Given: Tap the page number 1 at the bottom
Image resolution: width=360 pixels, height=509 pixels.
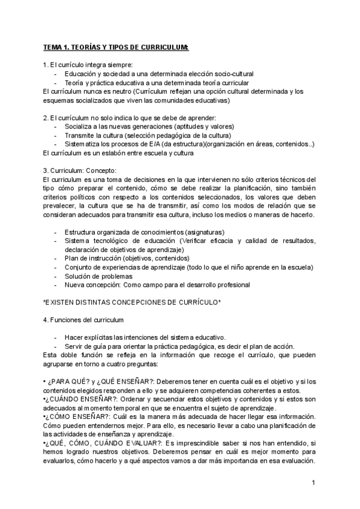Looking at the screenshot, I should pos(313,483).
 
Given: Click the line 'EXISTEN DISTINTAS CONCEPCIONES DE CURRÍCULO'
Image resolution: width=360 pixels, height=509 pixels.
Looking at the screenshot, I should pos(132,301).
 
